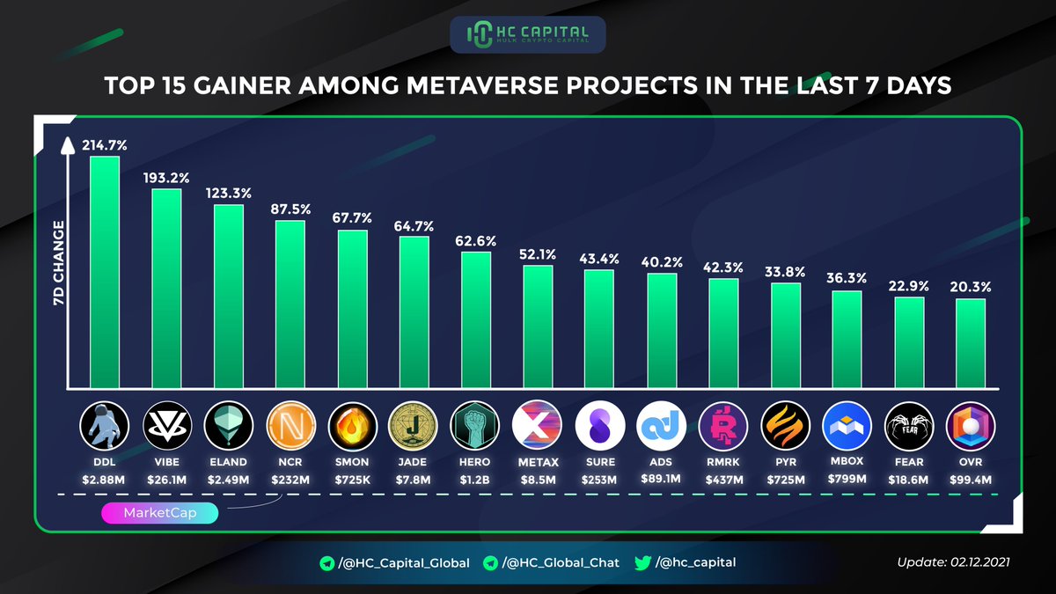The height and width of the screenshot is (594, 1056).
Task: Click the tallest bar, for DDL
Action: pos(105,273)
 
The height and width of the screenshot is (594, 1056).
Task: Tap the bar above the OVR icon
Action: pos(971,344)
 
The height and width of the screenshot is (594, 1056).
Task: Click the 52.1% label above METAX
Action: pos(538,254)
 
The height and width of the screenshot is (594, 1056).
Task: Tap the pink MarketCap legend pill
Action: pos(159,513)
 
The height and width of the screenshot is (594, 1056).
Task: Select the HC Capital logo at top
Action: pos(527,34)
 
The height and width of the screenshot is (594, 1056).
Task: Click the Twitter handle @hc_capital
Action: pos(694,562)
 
